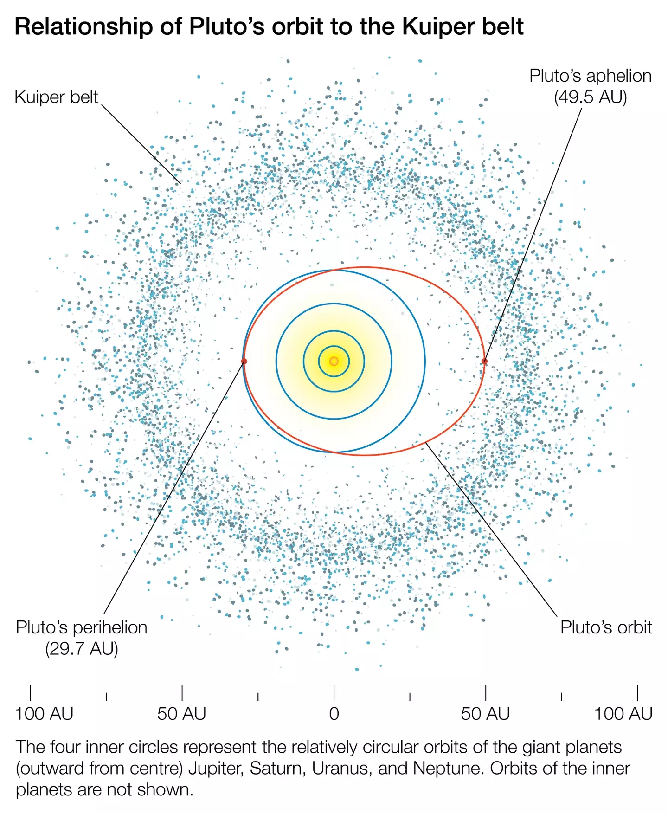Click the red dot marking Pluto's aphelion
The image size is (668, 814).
[485, 361]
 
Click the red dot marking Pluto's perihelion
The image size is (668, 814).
[244, 361]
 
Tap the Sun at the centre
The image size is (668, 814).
[334, 361]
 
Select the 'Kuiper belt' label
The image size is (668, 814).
[56, 97]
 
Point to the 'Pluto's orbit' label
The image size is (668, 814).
[606, 627]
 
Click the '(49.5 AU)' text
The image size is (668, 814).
[590, 97]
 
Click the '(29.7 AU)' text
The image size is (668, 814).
[82, 648]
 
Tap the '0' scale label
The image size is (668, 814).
[334, 714]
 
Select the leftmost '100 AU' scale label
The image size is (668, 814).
[44, 714]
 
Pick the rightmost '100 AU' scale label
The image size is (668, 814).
[623, 714]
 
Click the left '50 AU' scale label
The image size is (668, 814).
[182, 714]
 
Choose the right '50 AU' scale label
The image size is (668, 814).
[485, 714]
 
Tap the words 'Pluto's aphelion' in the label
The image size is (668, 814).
[590, 76]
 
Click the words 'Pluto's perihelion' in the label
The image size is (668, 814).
[82, 627]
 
